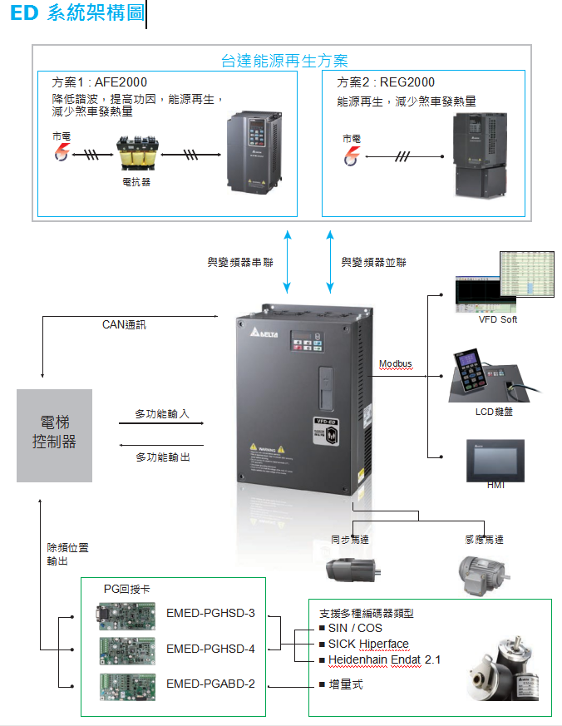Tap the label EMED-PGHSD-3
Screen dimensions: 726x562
210,614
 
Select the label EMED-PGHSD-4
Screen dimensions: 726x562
210,649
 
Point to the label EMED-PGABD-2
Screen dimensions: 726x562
210,684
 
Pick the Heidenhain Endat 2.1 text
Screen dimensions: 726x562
384,659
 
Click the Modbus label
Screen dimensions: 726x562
396,364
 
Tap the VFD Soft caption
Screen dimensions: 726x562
497,319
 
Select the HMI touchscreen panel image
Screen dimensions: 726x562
495,460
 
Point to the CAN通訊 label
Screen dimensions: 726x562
124,324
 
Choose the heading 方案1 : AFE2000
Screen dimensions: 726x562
100,83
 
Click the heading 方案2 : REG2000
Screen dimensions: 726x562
386,83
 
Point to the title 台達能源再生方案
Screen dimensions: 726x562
284,61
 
